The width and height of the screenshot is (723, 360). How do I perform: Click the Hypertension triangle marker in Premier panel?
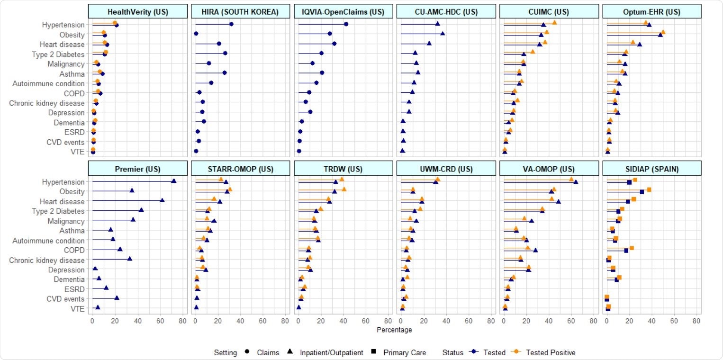[173, 181]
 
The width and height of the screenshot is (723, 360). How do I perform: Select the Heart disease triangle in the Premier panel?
[162, 200]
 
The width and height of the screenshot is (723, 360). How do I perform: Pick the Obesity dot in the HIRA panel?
[196, 34]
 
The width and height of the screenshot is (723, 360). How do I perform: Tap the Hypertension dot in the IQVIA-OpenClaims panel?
[346, 24]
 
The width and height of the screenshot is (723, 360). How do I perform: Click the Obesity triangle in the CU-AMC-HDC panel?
[443, 34]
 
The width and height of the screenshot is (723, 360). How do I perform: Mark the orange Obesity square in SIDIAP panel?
[649, 189]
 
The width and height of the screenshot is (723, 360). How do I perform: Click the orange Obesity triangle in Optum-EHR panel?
[663, 32]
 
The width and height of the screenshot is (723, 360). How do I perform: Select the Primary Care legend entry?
[404, 352]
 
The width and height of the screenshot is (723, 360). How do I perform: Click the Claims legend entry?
[268, 352]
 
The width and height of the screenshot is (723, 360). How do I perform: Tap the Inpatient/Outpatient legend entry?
[332, 352]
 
